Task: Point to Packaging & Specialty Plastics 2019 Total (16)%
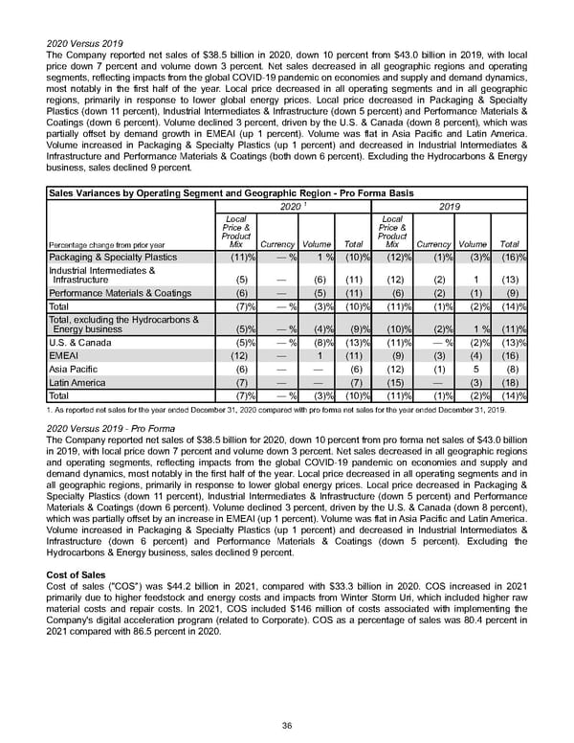(x=512, y=258)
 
